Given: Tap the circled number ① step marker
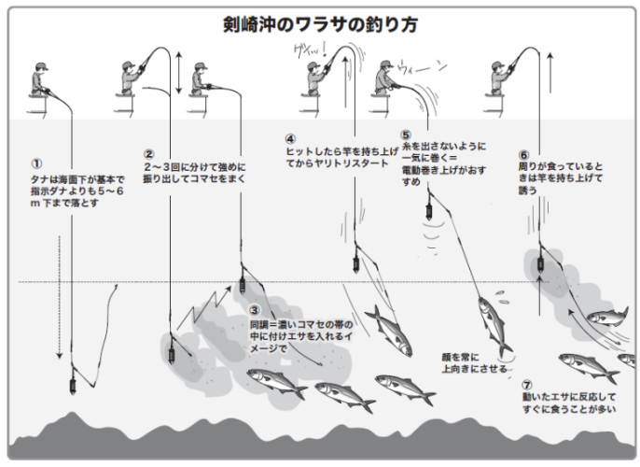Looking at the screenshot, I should pos(36,162).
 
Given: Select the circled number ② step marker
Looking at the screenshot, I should pos(148,154).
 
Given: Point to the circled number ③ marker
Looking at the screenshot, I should pos(255,310).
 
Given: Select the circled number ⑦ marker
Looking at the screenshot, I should pos(526,384).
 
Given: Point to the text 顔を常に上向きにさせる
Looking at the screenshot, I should pos(474,362).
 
